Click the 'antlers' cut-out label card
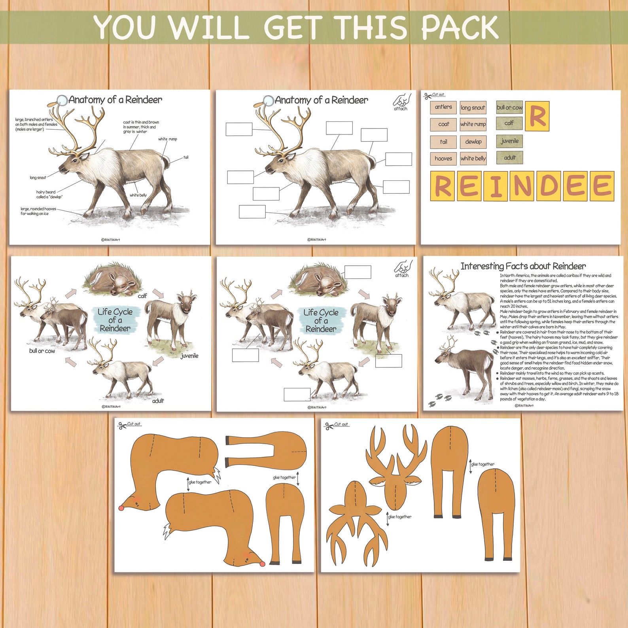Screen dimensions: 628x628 [443, 107]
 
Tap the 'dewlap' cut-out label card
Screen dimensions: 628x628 [473, 142]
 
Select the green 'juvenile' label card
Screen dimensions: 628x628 [509, 141]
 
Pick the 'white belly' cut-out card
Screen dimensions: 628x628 [473, 159]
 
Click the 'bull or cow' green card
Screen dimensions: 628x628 [509, 108]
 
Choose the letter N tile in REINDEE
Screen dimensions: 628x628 [522, 186]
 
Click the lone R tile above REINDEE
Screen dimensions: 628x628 [537, 116]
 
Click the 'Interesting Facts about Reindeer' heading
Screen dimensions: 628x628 [523, 266]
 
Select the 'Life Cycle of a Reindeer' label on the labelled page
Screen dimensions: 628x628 [115, 320]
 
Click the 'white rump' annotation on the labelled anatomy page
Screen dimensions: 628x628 [168, 139]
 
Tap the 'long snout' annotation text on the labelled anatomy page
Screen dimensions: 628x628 [38, 178]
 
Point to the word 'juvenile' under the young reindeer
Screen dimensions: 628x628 [189, 356]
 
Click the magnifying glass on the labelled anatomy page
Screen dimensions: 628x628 [61, 101]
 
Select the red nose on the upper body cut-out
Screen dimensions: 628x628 [122, 508]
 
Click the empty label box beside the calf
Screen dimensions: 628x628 [358, 272]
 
